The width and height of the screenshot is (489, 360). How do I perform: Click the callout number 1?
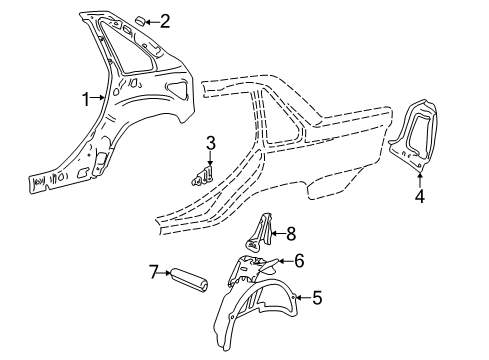tap(86, 98)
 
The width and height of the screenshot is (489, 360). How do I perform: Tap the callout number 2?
tap(165, 19)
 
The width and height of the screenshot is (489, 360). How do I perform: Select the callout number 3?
tap(210, 141)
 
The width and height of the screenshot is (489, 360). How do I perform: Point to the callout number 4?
tap(420, 197)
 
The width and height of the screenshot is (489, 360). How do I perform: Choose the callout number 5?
tap(317, 296)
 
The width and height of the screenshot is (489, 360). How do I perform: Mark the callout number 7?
tap(155, 271)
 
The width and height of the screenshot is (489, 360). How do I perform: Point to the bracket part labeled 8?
tap(262, 232)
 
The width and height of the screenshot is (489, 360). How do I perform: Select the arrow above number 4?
tap(420, 178)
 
